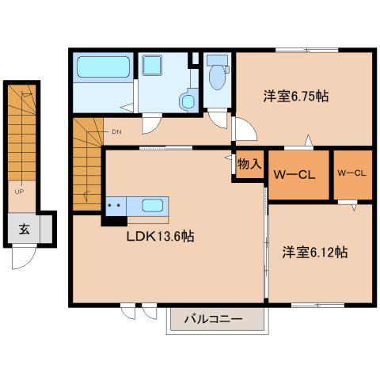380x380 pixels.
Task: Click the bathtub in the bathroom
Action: point(104,67)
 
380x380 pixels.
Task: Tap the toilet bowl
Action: point(218,76)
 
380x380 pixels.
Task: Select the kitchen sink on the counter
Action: point(152,206)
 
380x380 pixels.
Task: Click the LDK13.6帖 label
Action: point(161,237)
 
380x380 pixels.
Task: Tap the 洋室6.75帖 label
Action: point(296,96)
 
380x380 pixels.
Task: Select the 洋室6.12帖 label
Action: point(315,252)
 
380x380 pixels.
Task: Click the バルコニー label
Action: point(213,319)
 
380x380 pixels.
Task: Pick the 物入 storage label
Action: point(249,164)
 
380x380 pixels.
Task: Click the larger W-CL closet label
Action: point(294,175)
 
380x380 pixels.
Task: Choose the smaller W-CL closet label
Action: point(351,173)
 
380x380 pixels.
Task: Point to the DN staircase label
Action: point(116,131)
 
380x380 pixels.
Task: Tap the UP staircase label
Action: point(19,192)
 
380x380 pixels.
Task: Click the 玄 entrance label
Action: point(25,229)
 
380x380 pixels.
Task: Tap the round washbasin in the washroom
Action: point(187,101)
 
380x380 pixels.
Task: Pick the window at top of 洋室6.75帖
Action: point(307,50)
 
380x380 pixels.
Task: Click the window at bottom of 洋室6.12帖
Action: point(318,306)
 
